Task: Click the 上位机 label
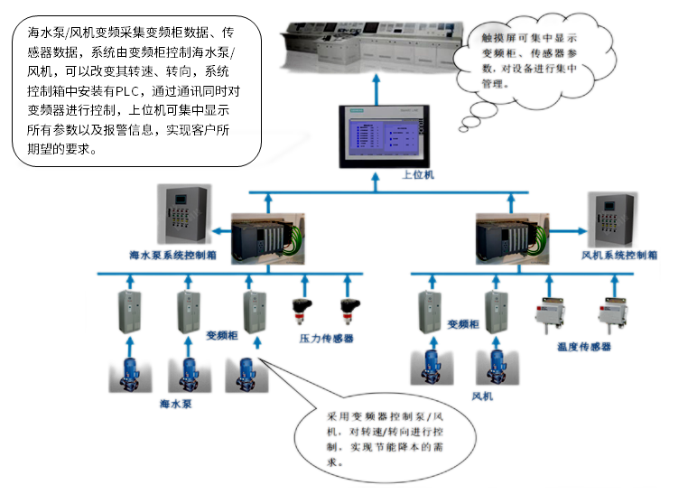click(x=418, y=175)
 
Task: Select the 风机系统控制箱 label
click(x=619, y=256)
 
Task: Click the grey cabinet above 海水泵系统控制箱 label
click(x=184, y=216)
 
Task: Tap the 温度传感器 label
click(x=584, y=346)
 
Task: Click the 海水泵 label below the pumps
click(x=176, y=404)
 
